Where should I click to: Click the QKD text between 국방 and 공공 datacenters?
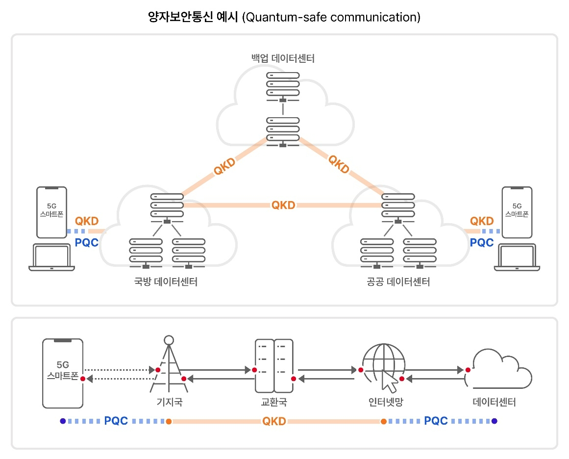(x=283, y=205)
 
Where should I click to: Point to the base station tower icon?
(x=169, y=365)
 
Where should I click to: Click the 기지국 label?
(x=169, y=403)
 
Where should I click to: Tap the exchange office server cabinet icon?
(x=273, y=366)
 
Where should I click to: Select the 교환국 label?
(x=273, y=403)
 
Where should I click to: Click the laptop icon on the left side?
(x=51, y=257)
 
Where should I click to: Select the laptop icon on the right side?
(x=517, y=257)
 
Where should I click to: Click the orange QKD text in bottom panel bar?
(x=274, y=421)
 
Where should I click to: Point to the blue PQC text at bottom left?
(x=116, y=421)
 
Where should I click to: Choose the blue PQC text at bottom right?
(x=436, y=421)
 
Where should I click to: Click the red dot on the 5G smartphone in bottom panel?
(x=83, y=379)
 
